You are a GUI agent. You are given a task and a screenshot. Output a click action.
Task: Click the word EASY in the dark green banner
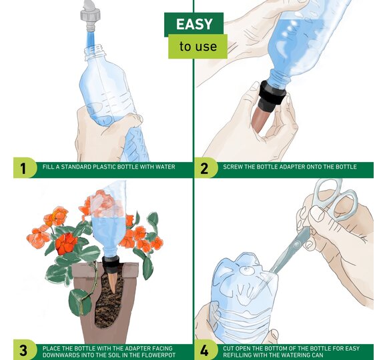click(x=194, y=24)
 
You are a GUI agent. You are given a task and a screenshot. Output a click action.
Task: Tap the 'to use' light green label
click(x=198, y=47)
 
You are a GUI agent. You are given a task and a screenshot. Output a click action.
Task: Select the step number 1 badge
click(x=24, y=168)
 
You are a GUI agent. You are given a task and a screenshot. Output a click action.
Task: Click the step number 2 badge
click(x=205, y=168)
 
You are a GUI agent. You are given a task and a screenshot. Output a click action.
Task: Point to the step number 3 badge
click(x=24, y=350)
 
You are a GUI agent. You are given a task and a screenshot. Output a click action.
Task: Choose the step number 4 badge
click(x=205, y=350)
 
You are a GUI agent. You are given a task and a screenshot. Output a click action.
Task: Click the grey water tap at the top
click(x=90, y=15)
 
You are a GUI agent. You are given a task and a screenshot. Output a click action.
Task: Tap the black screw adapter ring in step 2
click(x=272, y=93)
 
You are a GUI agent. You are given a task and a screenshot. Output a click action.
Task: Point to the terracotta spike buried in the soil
click(x=112, y=282)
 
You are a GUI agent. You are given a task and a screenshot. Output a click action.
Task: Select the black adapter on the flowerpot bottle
click(x=111, y=264)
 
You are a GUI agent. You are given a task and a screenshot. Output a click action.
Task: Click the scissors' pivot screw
click(x=296, y=245)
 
